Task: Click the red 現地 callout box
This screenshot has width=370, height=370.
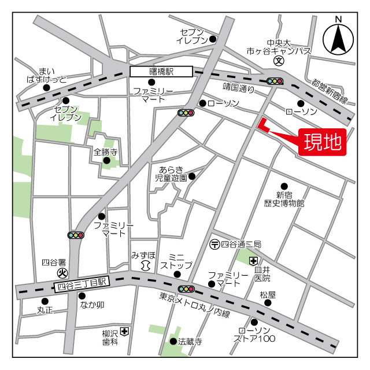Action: click(322, 140)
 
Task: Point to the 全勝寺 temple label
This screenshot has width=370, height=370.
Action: click(105, 153)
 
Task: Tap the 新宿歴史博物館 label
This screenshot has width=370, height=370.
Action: click(284, 199)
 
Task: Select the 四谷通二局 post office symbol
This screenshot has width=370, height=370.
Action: click(214, 245)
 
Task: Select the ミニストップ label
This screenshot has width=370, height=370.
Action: click(176, 261)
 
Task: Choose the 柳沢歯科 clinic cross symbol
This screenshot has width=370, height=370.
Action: click(125, 332)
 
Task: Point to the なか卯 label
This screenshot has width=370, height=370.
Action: click(91, 305)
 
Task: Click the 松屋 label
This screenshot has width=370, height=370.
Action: click(267, 295)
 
